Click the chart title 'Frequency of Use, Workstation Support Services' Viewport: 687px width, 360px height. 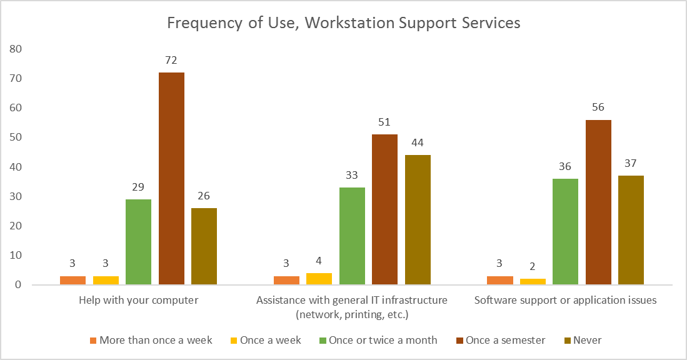click(x=343, y=23)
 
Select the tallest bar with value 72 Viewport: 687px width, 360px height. click(x=171, y=178)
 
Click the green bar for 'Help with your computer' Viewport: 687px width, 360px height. click(x=139, y=242)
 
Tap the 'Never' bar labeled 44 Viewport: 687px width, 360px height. click(x=418, y=219)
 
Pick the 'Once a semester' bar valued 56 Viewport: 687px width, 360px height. click(x=598, y=202)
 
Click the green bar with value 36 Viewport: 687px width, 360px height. click(x=565, y=231)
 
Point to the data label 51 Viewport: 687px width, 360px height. click(x=384, y=122)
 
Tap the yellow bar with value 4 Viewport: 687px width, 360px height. click(x=319, y=279)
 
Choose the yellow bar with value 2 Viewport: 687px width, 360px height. click(x=533, y=281)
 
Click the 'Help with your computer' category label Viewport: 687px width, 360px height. click(x=138, y=300)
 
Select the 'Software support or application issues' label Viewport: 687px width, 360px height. click(x=565, y=300)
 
